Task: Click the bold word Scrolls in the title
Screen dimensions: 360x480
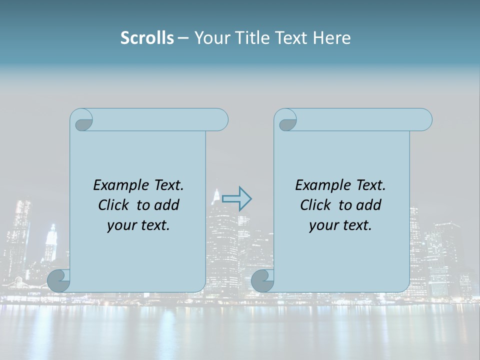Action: tap(147, 37)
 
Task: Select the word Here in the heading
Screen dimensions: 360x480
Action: tap(332, 37)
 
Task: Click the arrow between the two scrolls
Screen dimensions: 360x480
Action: tap(237, 199)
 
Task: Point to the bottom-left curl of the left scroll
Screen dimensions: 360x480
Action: tap(58, 280)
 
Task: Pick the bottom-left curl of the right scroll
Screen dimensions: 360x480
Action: tap(262, 280)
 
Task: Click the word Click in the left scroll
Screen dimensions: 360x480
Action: tap(114, 205)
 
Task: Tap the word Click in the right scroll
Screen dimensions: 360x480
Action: tap(315, 205)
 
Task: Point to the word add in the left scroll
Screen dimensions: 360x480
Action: tap(166, 205)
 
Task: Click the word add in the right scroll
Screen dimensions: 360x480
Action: tap(368, 205)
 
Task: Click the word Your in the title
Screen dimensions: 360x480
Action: tap(210, 37)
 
